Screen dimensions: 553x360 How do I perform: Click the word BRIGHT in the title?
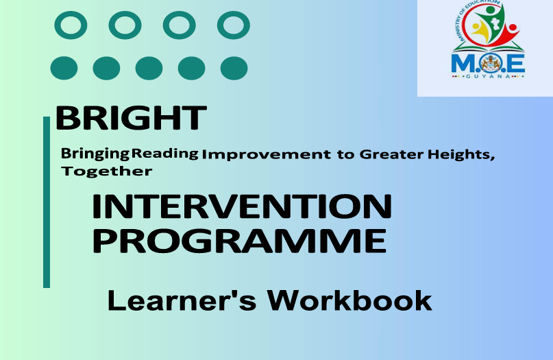point(131,118)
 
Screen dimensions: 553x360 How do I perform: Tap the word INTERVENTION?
point(242,206)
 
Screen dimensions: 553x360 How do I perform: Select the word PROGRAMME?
point(239,241)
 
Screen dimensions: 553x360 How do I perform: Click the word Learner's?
point(182,300)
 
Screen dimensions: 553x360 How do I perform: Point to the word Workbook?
point(349,300)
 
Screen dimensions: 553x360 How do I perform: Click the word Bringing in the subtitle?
point(95,154)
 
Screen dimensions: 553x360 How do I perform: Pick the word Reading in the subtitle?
point(164,153)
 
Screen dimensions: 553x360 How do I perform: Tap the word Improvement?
point(267,154)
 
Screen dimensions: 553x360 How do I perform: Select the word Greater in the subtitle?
point(391,154)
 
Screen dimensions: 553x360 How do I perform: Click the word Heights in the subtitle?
point(459,154)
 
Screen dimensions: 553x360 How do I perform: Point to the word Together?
point(107,171)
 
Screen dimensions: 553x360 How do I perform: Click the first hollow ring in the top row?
point(71,25)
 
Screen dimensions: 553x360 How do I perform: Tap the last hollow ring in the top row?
point(234,25)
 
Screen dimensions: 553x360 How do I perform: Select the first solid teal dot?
point(64,68)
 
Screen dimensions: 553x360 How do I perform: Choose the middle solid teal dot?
point(149,68)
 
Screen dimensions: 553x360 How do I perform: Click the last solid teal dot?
point(234,68)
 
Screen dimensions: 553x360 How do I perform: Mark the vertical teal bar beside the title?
point(47,202)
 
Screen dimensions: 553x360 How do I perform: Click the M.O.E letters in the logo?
point(488,64)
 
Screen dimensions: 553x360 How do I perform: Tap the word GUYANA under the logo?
point(488,76)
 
